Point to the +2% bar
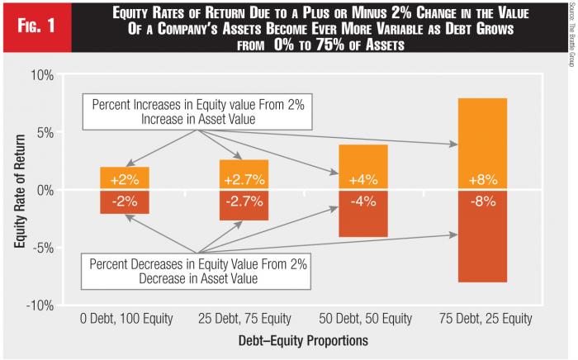[x=125, y=178]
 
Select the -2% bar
[x=125, y=201]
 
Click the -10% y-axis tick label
[x=40, y=306]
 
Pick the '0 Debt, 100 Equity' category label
[x=125, y=319]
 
